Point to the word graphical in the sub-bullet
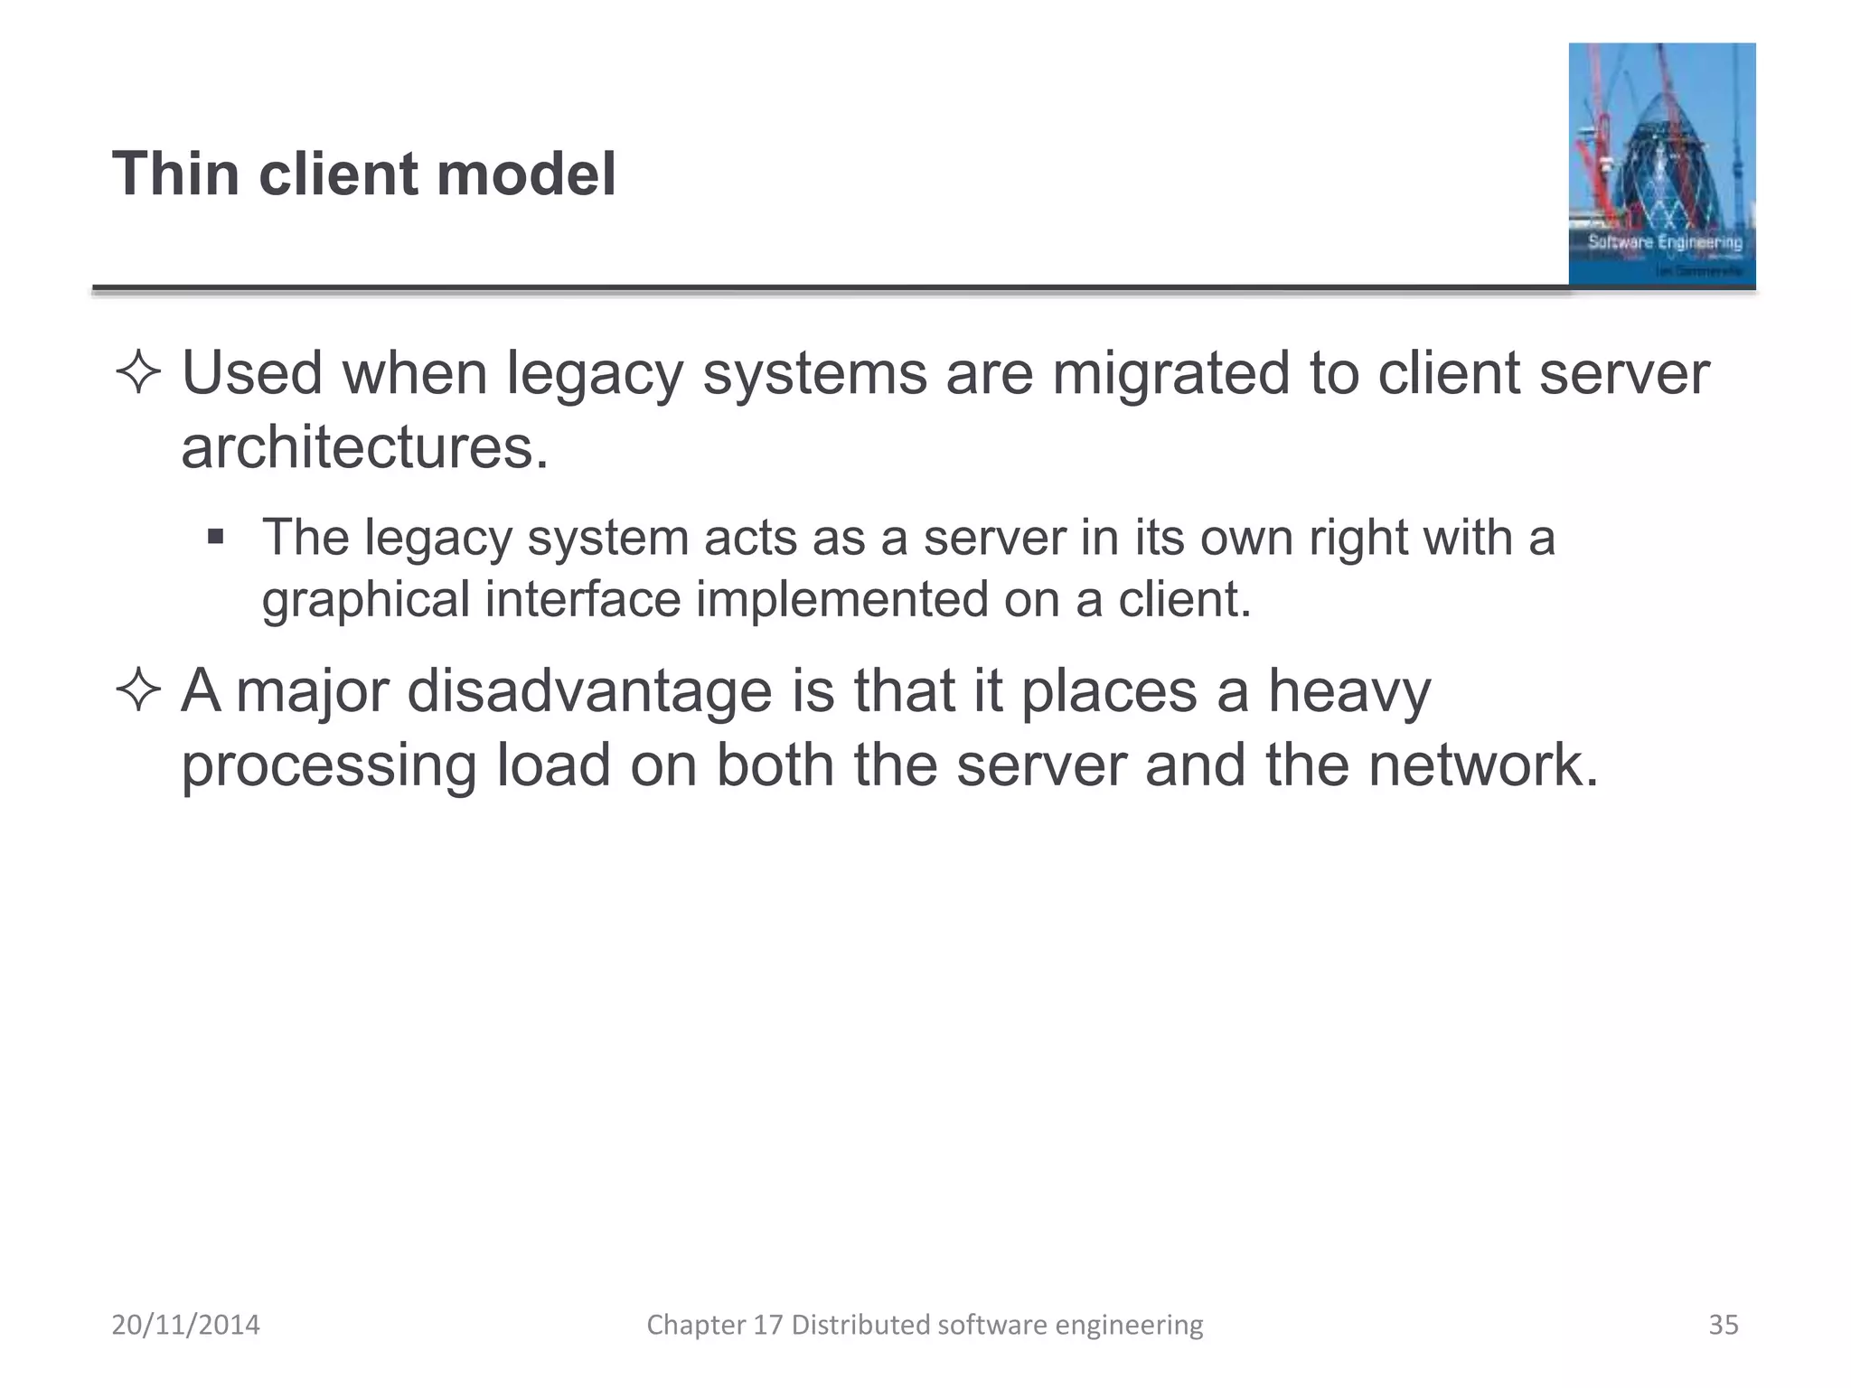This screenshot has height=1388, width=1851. tap(366, 600)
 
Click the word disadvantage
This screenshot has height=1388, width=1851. tap(590, 691)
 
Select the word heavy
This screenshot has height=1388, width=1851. tap(1349, 691)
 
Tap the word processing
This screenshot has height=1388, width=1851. tap(329, 765)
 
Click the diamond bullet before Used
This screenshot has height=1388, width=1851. tap(138, 374)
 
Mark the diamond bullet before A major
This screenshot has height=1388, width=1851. tap(138, 692)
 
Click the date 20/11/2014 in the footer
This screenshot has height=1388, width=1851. tap(185, 1325)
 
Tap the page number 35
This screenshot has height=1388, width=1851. tap(1723, 1325)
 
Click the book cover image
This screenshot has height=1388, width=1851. tap(1661, 164)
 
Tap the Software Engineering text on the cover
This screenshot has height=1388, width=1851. tap(1665, 242)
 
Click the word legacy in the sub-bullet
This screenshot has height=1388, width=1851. tap(438, 539)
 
